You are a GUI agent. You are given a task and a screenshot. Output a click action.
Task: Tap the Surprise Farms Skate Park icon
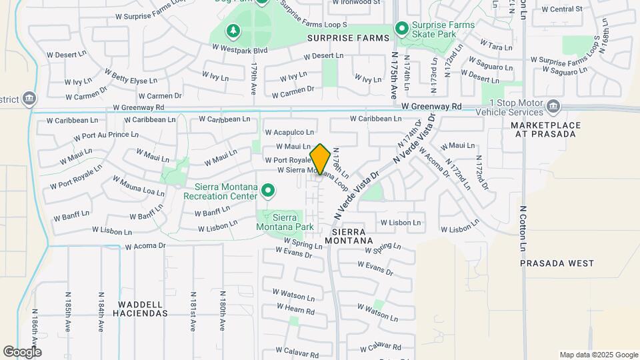point(401,28)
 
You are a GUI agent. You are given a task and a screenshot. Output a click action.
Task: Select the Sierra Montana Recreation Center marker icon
point(268,191)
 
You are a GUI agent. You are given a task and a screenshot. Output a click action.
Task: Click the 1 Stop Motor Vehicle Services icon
point(553,107)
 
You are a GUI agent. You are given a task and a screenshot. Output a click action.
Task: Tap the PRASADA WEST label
point(557,263)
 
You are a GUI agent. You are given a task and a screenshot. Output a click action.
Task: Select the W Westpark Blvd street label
point(239,49)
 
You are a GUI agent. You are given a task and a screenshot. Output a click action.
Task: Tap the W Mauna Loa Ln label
point(139,186)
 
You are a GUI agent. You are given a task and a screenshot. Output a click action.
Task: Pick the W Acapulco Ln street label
point(289,133)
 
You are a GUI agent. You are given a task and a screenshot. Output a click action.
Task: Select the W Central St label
point(562,9)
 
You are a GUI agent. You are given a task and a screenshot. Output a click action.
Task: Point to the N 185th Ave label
point(68,311)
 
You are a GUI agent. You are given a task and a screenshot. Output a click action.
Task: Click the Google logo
point(22,352)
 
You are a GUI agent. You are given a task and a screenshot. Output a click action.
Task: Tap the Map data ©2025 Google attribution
point(599,355)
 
